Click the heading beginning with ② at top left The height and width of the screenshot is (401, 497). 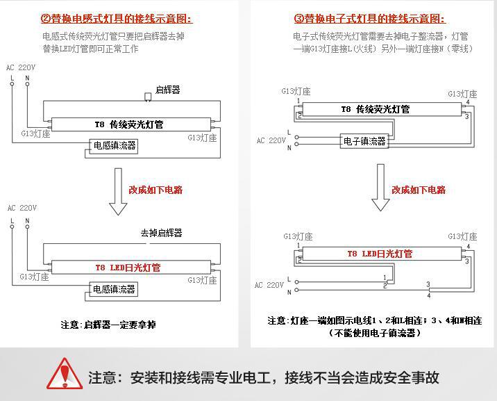point(116,19)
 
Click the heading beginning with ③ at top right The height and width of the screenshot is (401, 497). point(370,19)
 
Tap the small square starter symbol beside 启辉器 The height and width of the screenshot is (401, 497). point(147,95)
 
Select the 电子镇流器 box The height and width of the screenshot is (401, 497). point(364,141)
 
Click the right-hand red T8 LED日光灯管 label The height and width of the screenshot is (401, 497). point(380,254)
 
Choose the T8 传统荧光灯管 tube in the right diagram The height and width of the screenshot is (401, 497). point(375,109)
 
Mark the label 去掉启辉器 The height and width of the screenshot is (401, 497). point(161,234)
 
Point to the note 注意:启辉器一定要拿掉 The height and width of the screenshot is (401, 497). point(108,325)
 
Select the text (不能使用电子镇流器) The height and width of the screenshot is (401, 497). point(375,333)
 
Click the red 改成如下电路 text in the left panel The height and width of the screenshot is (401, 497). point(155,190)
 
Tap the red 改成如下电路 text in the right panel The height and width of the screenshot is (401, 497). point(419,190)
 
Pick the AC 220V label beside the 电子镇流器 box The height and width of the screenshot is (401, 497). point(271,141)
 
